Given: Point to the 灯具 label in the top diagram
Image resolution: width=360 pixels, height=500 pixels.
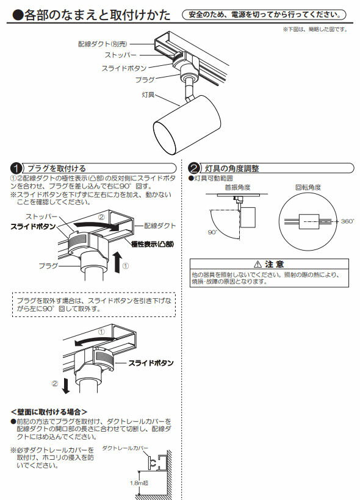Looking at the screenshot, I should (x=142, y=95).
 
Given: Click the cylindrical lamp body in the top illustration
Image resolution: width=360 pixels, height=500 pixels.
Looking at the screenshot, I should (x=182, y=124).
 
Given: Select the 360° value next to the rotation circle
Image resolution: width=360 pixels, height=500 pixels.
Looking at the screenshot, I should (x=347, y=221).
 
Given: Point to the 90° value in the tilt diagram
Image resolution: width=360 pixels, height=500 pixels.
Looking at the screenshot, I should (x=212, y=233).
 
